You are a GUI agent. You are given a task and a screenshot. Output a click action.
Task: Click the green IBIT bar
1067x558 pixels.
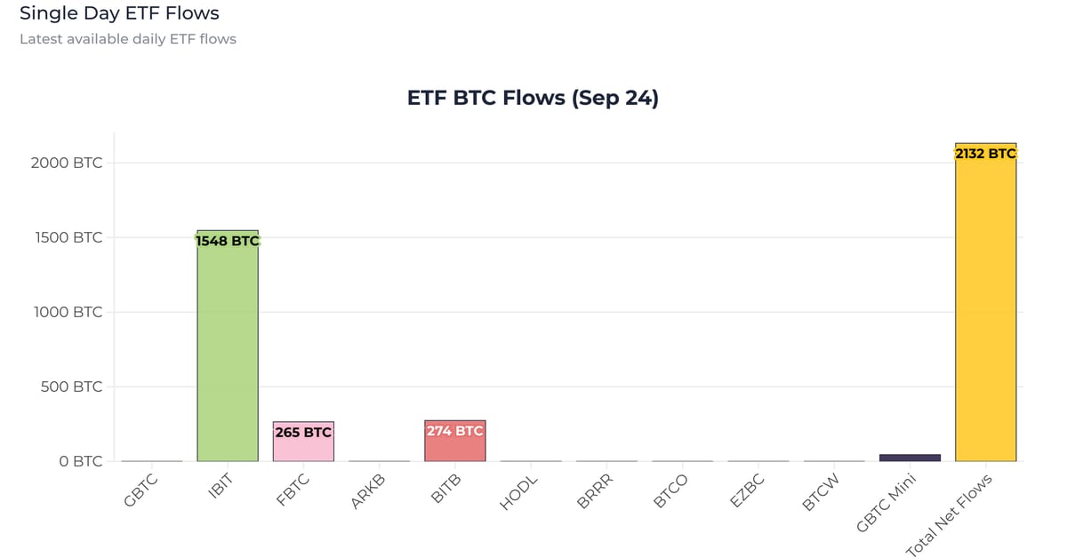(x=227, y=355)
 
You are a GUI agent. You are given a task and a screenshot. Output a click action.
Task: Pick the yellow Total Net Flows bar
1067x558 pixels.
(x=985, y=311)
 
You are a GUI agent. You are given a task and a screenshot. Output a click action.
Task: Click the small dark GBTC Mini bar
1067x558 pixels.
(x=910, y=458)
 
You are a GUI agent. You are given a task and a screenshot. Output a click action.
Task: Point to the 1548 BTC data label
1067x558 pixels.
(x=227, y=240)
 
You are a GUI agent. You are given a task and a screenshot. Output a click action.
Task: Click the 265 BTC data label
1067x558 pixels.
(x=303, y=433)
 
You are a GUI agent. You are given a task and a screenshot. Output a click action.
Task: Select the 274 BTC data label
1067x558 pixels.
(x=454, y=431)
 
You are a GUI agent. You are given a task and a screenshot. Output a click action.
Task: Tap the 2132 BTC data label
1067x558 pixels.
(x=985, y=154)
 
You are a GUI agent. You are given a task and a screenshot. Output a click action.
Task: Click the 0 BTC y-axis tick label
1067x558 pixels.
(x=80, y=462)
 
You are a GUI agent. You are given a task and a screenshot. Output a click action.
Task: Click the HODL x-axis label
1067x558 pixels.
(x=518, y=492)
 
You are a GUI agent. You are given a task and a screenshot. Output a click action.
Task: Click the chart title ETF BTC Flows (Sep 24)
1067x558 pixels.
(x=533, y=98)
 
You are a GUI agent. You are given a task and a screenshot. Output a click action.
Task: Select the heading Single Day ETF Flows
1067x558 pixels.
(x=119, y=13)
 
